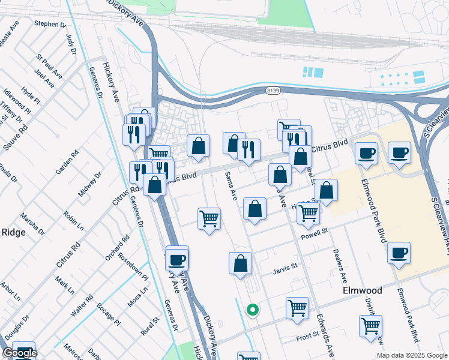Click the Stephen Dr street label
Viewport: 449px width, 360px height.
pos(50,24)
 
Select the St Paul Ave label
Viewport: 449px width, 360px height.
pos(49,67)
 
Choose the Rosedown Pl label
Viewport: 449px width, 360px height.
pos(133,266)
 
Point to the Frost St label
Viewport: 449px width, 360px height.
pos(310,339)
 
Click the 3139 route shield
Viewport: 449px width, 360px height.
pos(274,91)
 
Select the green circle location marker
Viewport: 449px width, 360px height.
pos(253,310)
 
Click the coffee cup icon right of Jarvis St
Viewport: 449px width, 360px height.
pos(399,253)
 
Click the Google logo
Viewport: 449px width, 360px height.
pos(20,353)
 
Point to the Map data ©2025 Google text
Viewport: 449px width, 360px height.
pos(411,355)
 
